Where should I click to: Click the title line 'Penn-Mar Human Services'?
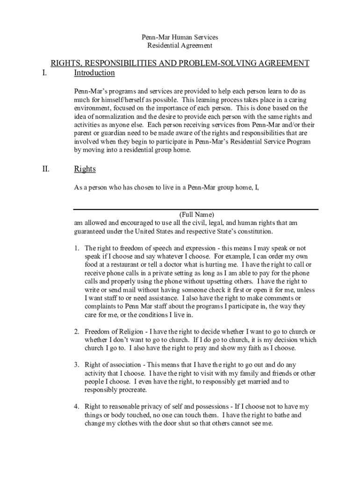(180, 37)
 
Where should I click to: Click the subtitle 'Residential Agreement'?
(180, 45)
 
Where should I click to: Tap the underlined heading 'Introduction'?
(94, 73)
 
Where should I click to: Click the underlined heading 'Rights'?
(85, 169)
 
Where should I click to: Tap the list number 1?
(77, 248)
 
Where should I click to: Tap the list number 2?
(77, 332)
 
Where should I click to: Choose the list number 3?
(77, 364)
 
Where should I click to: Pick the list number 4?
(77, 406)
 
